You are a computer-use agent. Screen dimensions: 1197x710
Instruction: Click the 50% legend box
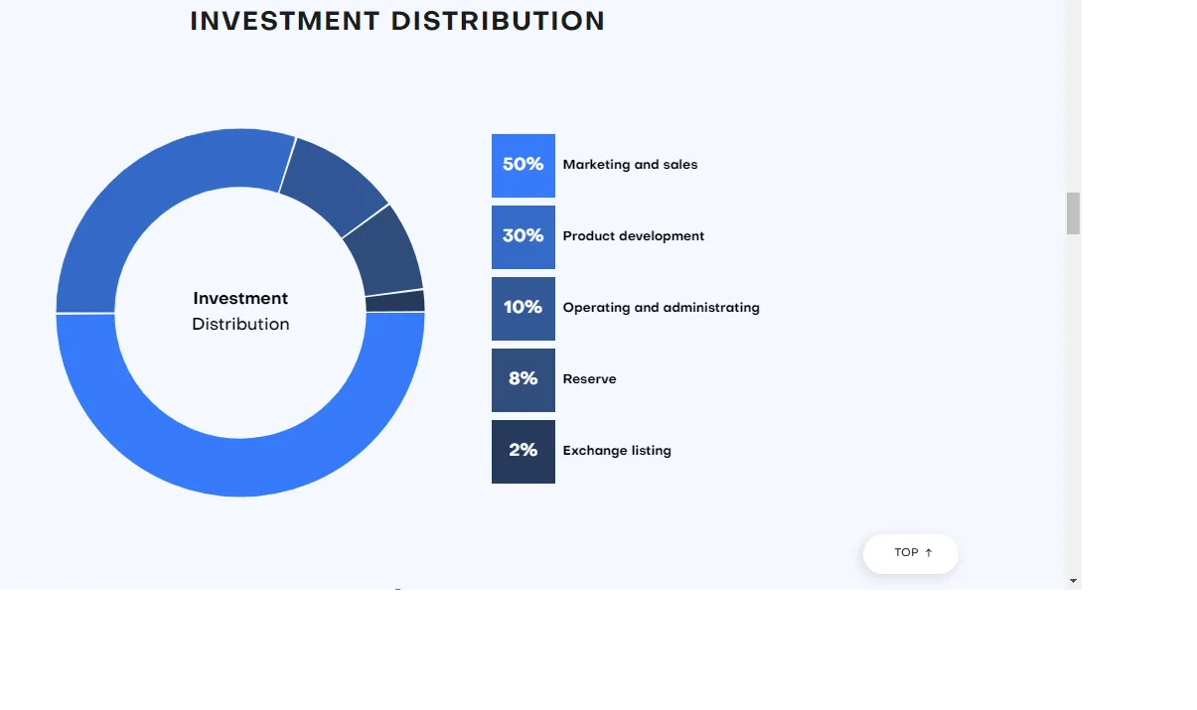[524, 166]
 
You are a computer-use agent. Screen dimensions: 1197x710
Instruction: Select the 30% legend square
[524, 237]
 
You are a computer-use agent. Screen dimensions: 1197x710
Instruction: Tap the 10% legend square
[524, 309]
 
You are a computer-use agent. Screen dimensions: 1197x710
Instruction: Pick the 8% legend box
[524, 380]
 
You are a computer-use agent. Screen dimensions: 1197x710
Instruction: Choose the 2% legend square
[524, 452]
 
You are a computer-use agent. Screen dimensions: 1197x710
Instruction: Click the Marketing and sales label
[630, 165]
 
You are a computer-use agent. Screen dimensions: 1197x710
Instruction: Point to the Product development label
[633, 236]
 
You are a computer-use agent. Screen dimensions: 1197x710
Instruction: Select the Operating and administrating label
[661, 308]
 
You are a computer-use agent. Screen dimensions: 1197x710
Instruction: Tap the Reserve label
[589, 379]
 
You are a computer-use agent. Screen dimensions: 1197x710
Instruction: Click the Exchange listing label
[617, 451]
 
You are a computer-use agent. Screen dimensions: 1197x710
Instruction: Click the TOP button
[911, 554]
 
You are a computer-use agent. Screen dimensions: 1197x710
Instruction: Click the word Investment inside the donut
[240, 298]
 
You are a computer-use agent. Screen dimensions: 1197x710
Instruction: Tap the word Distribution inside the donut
[240, 325]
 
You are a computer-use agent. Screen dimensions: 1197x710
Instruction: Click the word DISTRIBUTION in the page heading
[498, 22]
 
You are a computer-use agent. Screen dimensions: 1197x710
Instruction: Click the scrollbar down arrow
[1073, 581]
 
